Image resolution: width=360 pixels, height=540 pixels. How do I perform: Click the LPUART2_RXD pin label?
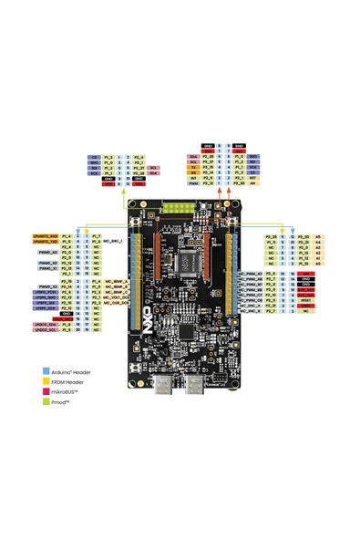pyautogui.click(x=46, y=236)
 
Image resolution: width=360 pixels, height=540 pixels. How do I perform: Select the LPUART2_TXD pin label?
pyautogui.click(x=46, y=242)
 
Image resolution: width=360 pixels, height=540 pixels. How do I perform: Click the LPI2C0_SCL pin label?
pyautogui.click(x=45, y=330)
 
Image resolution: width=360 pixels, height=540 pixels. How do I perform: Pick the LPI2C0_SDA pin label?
pyautogui.click(x=45, y=325)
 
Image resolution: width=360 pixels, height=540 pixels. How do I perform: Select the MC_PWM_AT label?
pyautogui.click(x=250, y=274)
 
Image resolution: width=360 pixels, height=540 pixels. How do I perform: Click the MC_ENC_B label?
pyautogui.click(x=250, y=312)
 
